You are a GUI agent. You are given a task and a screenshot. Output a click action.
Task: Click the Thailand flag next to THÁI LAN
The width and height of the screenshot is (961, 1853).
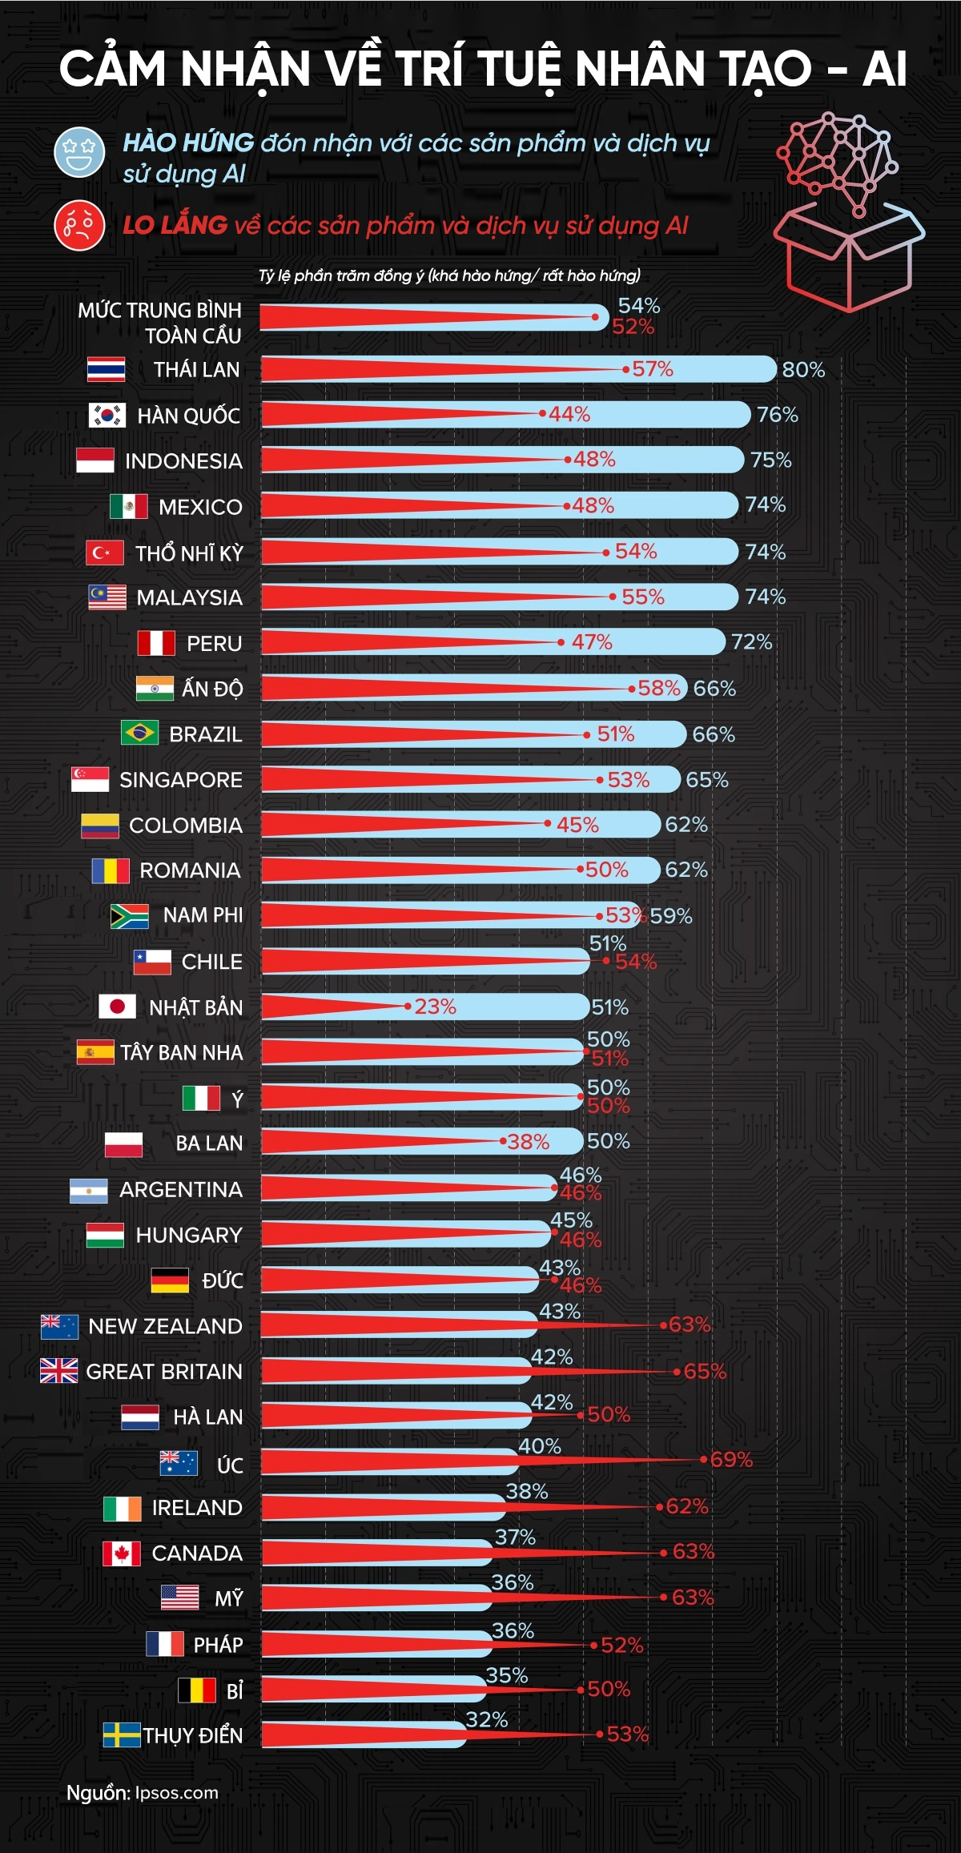[106, 369]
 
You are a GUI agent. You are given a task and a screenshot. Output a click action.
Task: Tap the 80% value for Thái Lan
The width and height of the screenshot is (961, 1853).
[803, 370]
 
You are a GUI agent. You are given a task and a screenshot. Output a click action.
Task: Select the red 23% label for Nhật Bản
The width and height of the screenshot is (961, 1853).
[435, 1007]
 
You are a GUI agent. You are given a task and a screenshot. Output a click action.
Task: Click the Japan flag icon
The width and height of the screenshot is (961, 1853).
[117, 1007]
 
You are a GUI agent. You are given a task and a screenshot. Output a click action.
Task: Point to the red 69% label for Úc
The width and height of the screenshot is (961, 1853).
[731, 1460]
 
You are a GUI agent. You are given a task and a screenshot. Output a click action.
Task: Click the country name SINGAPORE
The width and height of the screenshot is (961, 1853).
[180, 780]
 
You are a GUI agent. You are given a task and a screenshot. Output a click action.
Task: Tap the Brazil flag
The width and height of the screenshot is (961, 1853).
[139, 733]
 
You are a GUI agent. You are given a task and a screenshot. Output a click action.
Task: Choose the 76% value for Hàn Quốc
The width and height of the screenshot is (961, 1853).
[778, 415]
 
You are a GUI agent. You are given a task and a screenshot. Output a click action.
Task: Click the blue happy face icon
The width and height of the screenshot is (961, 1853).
[79, 151]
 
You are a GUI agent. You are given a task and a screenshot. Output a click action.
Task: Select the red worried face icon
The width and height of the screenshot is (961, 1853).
[79, 225]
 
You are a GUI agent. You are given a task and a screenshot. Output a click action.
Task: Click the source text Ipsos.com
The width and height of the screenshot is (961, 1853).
[176, 1792]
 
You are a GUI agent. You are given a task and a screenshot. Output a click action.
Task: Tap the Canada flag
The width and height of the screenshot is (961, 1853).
[122, 1554]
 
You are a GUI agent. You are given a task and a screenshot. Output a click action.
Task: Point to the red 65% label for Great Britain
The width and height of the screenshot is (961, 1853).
[705, 1372]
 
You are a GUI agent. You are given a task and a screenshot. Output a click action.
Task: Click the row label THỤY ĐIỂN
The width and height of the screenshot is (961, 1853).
[192, 1735]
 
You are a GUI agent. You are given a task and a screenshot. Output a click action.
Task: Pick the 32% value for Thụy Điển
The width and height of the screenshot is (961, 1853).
[487, 1719]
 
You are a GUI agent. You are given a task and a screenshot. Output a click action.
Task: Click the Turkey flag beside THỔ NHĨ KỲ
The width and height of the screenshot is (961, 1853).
[105, 553]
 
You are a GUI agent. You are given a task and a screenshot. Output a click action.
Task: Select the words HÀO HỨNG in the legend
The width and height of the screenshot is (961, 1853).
[188, 143]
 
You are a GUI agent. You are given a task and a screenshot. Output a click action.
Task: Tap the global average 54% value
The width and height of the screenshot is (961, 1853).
[639, 306]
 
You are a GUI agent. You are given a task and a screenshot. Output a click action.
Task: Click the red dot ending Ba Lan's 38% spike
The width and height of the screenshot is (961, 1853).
[503, 1142]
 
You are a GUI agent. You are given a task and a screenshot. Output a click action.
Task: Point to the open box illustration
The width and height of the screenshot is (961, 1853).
[849, 256]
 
